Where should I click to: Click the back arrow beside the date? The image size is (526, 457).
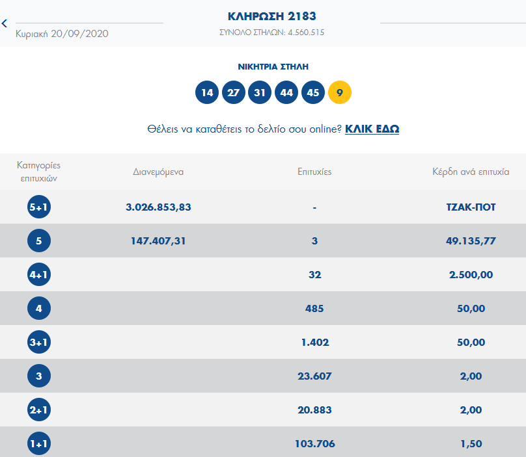(x=5, y=23)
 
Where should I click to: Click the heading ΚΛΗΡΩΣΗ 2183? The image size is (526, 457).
(x=272, y=16)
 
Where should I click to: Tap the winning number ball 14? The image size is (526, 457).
(x=207, y=92)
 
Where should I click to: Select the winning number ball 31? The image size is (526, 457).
(x=260, y=92)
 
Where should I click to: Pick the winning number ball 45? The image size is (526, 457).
(x=313, y=92)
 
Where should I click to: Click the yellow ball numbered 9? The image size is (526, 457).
(x=340, y=92)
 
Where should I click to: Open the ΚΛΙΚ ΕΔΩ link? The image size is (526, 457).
(x=372, y=129)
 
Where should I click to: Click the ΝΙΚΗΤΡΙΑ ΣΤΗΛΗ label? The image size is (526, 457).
(x=273, y=66)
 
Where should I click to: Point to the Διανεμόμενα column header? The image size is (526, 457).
(x=158, y=172)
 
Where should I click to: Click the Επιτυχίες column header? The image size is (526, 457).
(x=314, y=172)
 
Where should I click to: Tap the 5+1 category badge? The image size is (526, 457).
(x=39, y=207)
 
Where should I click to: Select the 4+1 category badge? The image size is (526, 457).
(x=39, y=275)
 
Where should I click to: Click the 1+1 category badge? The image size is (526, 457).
(x=39, y=444)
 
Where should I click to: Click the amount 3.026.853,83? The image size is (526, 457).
(x=158, y=207)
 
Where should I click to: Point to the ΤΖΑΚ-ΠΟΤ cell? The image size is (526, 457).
(x=467, y=207)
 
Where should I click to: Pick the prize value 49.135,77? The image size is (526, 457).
(x=467, y=241)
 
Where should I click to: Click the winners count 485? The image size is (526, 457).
(x=314, y=309)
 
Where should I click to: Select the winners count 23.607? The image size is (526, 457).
(x=314, y=376)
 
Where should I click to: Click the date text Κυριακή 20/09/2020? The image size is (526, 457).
(x=62, y=34)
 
